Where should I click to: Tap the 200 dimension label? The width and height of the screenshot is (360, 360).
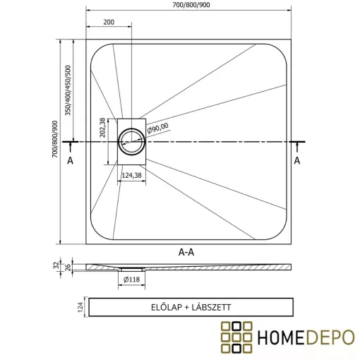click(x=109, y=23)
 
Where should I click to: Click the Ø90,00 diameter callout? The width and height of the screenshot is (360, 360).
click(x=158, y=128)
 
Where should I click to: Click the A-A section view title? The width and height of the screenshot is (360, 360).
click(x=188, y=251)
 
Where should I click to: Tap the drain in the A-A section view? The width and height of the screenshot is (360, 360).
click(x=131, y=269)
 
